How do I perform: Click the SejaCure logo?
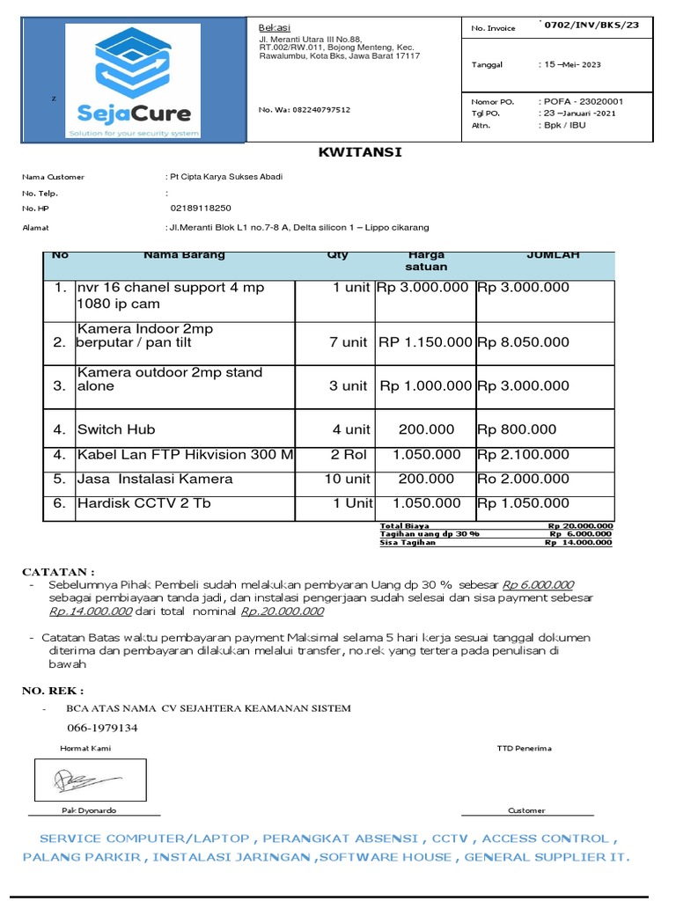134,82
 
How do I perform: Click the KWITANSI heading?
359,152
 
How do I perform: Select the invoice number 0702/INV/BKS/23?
591,25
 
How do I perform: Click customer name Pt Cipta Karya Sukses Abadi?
226,177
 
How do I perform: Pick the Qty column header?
337,255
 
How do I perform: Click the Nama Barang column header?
184,255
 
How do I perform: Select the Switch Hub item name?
116,429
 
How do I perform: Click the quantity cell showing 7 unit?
348,342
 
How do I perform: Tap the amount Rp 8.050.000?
523,342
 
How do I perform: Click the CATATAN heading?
58,572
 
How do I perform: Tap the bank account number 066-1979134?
102,728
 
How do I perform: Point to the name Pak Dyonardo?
88,810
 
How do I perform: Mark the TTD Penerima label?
524,748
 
